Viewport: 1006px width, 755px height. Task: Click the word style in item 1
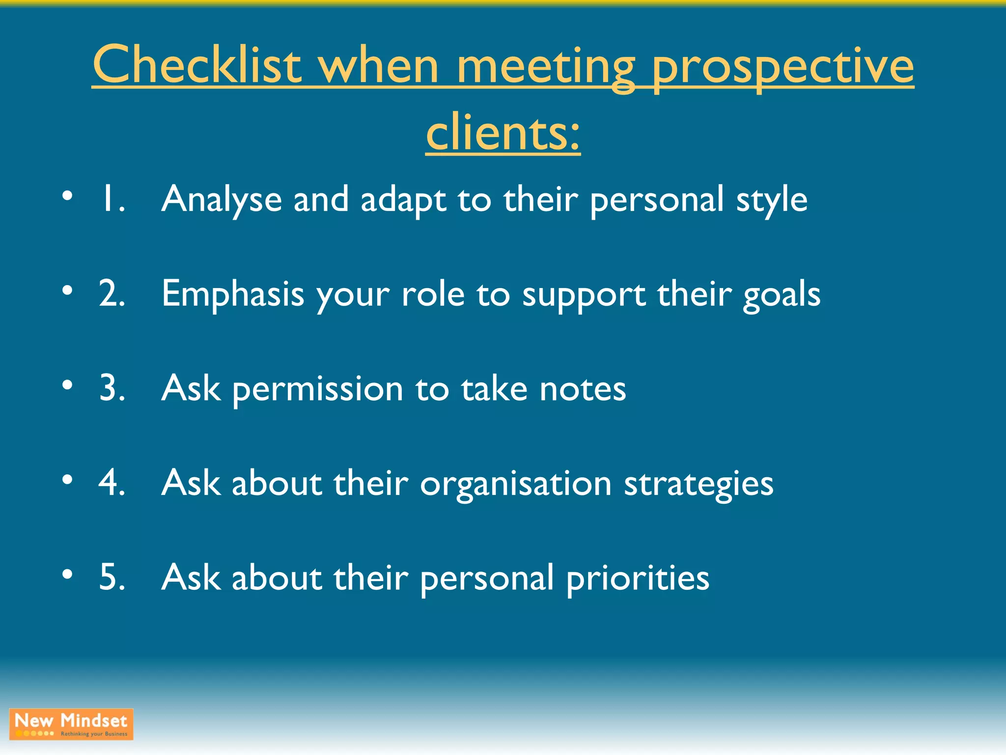pos(771,200)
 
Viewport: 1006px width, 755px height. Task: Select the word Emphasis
pos(233,294)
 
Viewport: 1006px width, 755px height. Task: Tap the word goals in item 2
pos(781,295)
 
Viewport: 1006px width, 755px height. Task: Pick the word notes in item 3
pos(583,388)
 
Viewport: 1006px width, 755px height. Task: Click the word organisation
pos(515,484)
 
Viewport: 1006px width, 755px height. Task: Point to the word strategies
pos(699,484)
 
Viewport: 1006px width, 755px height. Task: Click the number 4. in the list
pos(112,483)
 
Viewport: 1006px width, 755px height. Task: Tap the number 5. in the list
pos(112,577)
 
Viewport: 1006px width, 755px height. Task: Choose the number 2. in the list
pos(112,294)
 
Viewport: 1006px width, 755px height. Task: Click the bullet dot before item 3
pos(67,385)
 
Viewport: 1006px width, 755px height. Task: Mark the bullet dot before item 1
pos(67,196)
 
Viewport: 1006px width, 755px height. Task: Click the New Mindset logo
pos(71,724)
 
